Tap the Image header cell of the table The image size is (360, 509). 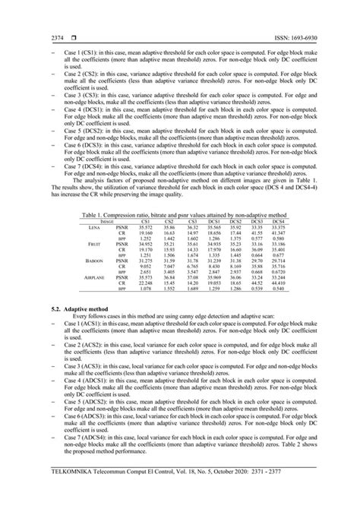point(96,222)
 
